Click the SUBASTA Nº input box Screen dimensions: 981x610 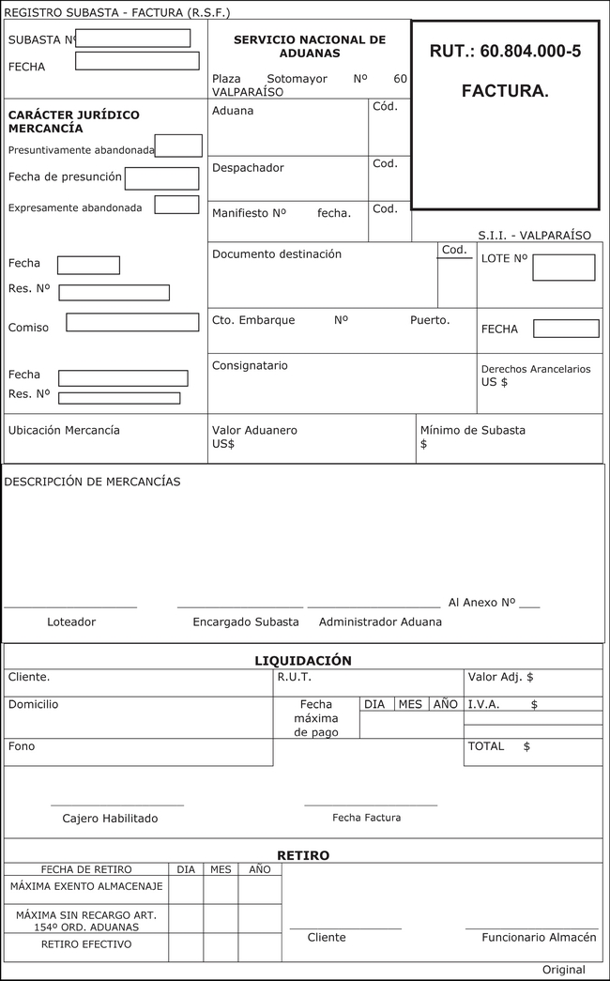click(x=133, y=38)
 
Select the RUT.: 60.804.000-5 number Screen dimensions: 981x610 click(x=505, y=52)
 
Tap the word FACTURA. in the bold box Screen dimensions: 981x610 click(x=505, y=91)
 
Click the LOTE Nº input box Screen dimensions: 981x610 click(x=563, y=268)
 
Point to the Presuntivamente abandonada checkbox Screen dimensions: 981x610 click(x=178, y=146)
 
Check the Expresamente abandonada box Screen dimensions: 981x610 click(x=176, y=205)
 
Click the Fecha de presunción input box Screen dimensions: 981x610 click(x=161, y=178)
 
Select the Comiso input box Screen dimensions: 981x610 click(x=132, y=322)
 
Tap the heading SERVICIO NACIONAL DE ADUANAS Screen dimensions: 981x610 click(x=310, y=47)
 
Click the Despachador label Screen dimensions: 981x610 click(x=248, y=168)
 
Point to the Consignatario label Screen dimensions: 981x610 click(x=250, y=366)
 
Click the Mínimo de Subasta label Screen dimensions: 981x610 click(x=473, y=431)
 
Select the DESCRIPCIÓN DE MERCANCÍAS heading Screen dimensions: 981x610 click(x=93, y=482)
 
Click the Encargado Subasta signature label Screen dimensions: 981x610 click(x=246, y=622)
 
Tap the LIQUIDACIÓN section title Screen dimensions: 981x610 click(x=303, y=661)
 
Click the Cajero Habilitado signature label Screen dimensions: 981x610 click(x=110, y=819)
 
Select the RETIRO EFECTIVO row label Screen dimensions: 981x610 click(x=86, y=944)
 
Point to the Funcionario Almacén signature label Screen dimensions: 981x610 click(x=539, y=938)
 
